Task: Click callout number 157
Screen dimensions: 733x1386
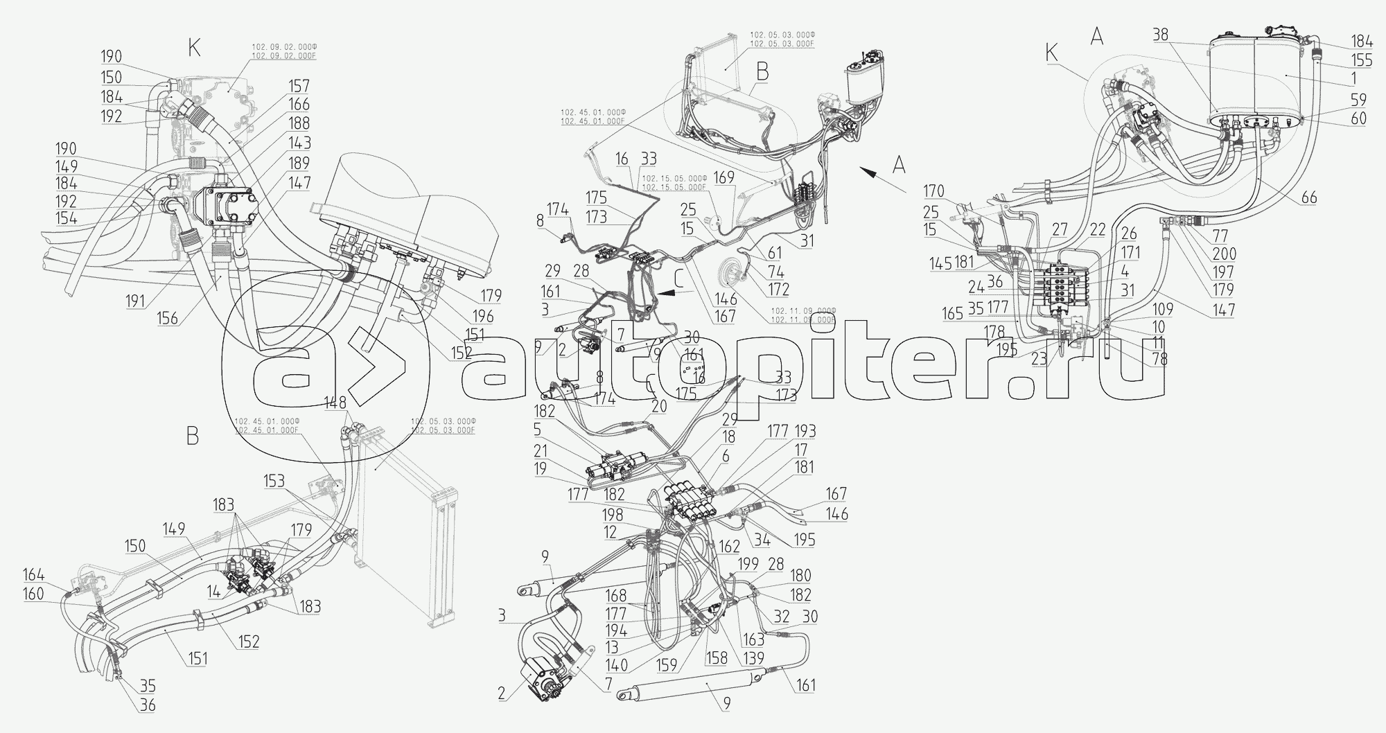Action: (x=299, y=87)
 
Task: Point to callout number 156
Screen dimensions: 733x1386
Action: (x=167, y=319)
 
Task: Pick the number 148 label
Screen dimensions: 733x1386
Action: (x=335, y=403)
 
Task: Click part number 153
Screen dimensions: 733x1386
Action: (x=274, y=482)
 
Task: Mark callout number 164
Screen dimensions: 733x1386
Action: (x=34, y=575)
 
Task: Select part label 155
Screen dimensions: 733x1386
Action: (x=1361, y=61)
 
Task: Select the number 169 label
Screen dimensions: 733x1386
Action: (x=724, y=178)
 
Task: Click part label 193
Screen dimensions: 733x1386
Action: (x=805, y=431)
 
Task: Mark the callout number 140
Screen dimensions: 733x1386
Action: (x=615, y=664)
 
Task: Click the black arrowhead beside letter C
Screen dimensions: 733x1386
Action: (x=667, y=294)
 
